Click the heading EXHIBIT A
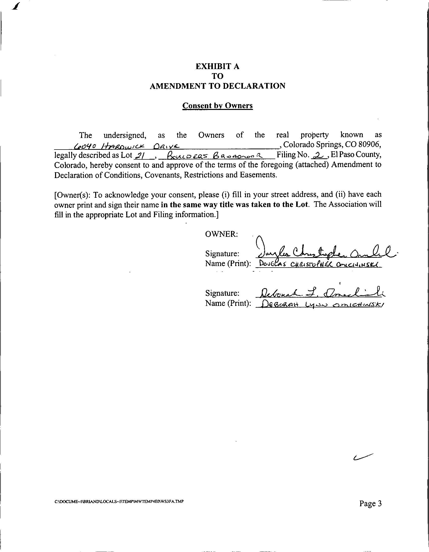click(217, 66)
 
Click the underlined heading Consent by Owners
click(217, 105)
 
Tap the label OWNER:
click(221, 234)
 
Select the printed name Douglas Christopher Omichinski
click(317, 264)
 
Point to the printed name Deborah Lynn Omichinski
click(320, 305)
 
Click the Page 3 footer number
click(370, 503)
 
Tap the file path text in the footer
click(119, 502)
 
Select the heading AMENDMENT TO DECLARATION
click(217, 86)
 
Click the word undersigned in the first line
click(124, 135)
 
